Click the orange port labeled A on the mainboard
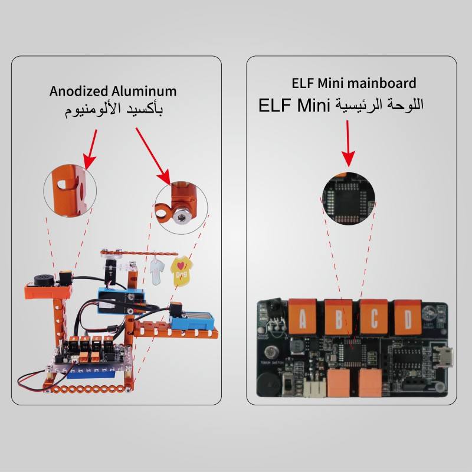[303, 317]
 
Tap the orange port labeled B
[339, 317]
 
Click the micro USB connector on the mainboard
[444, 356]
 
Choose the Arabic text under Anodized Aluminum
[113, 110]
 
